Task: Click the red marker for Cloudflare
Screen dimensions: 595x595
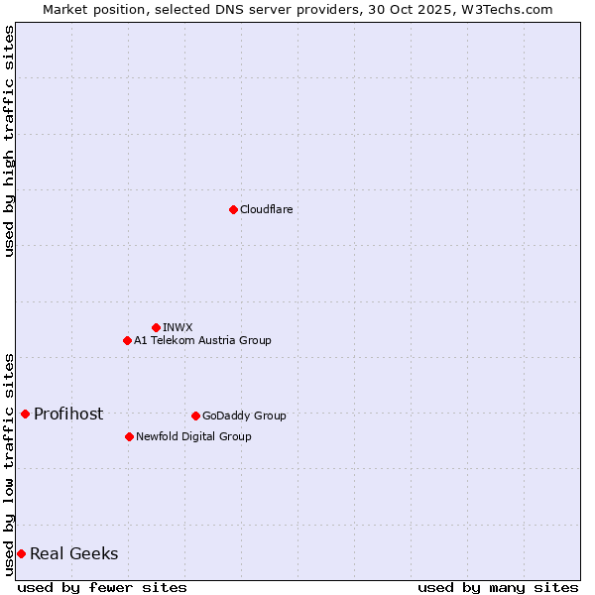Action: coord(233,209)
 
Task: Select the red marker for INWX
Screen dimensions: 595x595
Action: coord(156,327)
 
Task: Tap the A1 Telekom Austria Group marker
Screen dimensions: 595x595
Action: coord(127,340)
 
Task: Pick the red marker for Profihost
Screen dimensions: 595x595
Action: coord(25,414)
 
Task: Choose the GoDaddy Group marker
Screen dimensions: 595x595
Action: coord(195,416)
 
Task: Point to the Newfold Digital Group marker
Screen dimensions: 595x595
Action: coord(129,436)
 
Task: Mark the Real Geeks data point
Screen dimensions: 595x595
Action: coord(21,553)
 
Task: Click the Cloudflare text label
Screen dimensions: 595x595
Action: coord(266,209)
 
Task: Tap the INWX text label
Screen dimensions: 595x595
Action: coord(178,327)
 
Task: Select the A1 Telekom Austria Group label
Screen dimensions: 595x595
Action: coord(202,340)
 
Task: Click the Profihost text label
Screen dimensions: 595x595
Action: coord(68,414)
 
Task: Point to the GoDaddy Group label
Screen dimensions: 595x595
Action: coord(244,416)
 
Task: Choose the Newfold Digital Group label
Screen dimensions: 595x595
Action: coord(193,436)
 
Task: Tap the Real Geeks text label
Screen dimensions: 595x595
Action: coord(74,553)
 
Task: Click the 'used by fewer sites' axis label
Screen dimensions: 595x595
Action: coord(102,587)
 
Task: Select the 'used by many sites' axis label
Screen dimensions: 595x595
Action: coord(498,587)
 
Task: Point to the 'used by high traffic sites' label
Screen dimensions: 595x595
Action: coord(10,141)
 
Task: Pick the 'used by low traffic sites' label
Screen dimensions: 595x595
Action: coord(10,463)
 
